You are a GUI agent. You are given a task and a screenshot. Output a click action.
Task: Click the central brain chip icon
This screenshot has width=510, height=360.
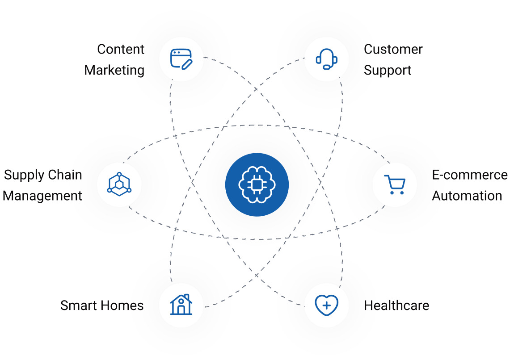(x=257, y=184)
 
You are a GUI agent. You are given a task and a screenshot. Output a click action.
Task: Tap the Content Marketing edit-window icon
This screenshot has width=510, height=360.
(x=181, y=59)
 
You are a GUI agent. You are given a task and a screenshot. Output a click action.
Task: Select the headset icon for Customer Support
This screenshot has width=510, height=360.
(x=326, y=59)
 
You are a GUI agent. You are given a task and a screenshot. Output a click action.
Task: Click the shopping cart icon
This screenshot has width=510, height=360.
(x=395, y=184)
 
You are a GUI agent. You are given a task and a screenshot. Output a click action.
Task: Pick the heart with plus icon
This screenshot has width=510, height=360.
(x=326, y=306)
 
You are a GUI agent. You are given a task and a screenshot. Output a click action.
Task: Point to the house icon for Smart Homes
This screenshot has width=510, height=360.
(x=181, y=305)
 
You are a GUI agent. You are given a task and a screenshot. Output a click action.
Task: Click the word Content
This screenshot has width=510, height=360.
(x=121, y=49)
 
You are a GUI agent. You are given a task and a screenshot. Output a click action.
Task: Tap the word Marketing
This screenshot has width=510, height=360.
(x=114, y=70)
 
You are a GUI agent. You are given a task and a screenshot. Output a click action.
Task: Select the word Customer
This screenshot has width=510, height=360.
(x=393, y=49)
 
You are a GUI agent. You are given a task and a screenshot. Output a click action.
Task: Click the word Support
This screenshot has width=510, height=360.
(x=388, y=70)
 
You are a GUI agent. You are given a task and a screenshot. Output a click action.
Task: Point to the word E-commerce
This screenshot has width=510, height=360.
(x=470, y=175)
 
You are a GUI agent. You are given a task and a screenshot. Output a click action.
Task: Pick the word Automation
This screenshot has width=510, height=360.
(x=467, y=196)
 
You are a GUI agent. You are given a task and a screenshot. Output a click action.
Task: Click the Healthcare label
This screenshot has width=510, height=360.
(x=396, y=306)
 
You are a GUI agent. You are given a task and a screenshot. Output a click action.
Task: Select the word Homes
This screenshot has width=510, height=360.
(x=122, y=306)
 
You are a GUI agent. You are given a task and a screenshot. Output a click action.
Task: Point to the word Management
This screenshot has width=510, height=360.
(x=42, y=196)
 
